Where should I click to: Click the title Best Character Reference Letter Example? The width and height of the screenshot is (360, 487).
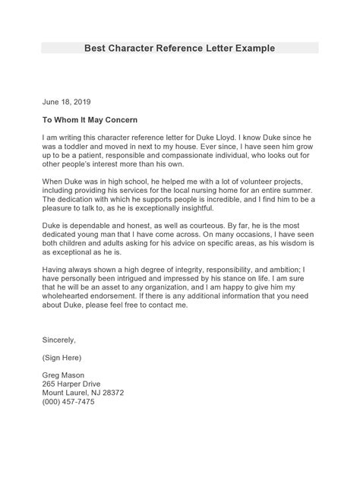pyautogui.click(x=179, y=48)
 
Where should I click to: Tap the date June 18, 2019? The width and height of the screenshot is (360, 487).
pyautogui.click(x=67, y=100)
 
